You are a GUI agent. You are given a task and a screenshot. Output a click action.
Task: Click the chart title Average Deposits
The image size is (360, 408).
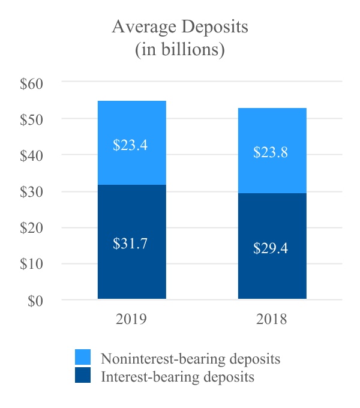click(180, 28)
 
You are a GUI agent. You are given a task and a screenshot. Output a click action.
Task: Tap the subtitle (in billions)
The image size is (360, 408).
click(180, 50)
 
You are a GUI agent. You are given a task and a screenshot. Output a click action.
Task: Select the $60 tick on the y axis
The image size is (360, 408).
click(31, 83)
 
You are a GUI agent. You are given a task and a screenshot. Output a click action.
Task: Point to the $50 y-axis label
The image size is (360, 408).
click(31, 119)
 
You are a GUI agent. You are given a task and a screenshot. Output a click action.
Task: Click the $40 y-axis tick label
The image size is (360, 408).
click(31, 155)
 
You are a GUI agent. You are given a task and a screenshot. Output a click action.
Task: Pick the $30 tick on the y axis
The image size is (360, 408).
click(31, 192)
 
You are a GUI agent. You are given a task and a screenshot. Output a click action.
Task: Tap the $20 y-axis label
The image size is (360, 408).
click(31, 228)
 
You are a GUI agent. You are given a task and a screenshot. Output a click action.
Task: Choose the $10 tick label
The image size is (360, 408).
click(31, 264)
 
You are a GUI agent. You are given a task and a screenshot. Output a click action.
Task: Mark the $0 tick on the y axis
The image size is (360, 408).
click(35, 301)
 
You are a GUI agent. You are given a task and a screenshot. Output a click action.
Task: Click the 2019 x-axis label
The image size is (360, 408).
click(131, 319)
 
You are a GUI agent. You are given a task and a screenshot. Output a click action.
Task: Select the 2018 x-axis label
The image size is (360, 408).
click(272, 319)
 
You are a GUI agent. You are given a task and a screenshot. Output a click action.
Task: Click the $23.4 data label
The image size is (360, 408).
click(130, 145)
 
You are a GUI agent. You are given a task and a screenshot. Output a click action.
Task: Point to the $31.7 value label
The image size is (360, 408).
click(130, 244)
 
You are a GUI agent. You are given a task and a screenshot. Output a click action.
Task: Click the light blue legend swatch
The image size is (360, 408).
click(83, 358)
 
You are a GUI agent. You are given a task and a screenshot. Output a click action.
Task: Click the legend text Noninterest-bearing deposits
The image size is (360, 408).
click(191, 359)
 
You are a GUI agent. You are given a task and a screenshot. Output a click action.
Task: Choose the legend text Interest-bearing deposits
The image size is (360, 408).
click(178, 377)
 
